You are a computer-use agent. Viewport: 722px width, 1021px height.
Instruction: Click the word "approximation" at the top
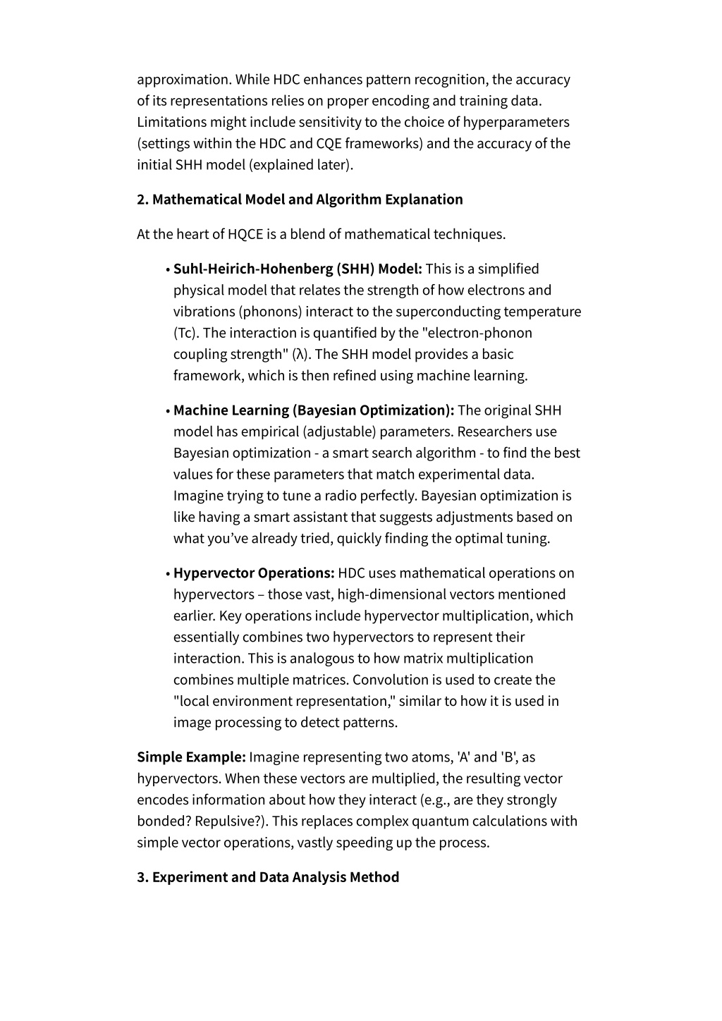pyautogui.click(x=183, y=80)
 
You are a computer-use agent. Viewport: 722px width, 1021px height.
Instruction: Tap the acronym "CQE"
pyautogui.click(x=329, y=144)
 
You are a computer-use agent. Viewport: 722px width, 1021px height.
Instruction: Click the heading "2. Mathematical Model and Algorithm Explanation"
pyautogui.click(x=300, y=200)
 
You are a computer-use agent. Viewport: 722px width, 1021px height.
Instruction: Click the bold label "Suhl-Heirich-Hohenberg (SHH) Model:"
pyautogui.click(x=298, y=269)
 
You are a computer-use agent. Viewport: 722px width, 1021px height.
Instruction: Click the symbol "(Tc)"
pyautogui.click(x=186, y=333)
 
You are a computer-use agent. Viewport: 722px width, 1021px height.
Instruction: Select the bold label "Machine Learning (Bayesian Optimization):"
pyautogui.click(x=314, y=410)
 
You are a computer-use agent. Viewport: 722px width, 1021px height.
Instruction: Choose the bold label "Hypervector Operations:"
pyautogui.click(x=254, y=573)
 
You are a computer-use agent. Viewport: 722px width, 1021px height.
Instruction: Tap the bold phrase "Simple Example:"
pyautogui.click(x=191, y=757)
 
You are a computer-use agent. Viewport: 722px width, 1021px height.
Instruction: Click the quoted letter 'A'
pyautogui.click(x=463, y=757)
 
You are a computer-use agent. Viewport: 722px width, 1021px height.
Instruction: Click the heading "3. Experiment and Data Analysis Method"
pyautogui.click(x=268, y=877)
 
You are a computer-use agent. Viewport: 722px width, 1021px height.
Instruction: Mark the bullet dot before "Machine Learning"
pyautogui.click(x=168, y=411)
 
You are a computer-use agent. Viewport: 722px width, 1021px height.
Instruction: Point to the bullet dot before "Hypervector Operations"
pyautogui.click(x=168, y=574)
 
